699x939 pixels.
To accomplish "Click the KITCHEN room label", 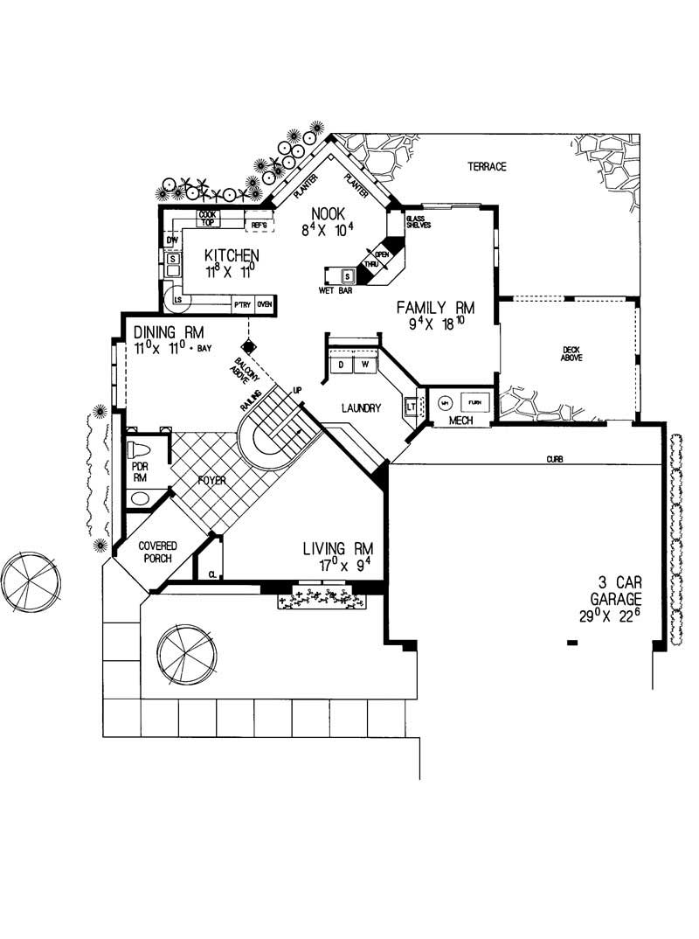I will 231,255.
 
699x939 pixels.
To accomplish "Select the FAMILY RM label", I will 435,308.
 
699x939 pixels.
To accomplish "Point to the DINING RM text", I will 169,333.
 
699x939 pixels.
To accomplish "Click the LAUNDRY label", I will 360,407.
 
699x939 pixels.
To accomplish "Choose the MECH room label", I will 460,421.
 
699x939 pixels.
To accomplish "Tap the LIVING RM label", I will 337,549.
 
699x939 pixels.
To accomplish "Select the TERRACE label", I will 487,166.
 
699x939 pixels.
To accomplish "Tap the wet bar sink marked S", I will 347,276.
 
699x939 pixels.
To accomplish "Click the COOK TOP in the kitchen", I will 207,218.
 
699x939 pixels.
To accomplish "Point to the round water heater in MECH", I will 445,403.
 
